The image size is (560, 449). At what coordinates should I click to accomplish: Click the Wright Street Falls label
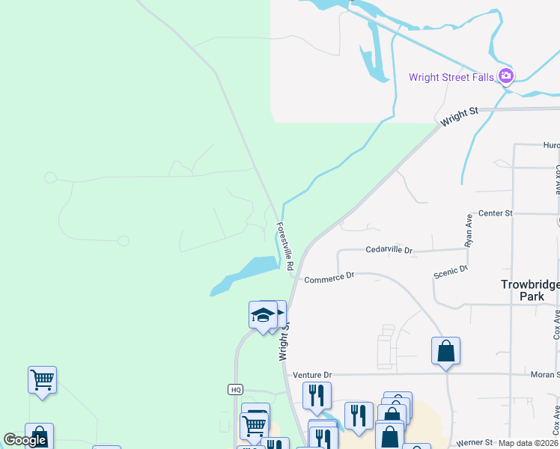pos(451,77)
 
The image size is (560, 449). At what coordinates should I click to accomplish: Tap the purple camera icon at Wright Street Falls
pos(506,76)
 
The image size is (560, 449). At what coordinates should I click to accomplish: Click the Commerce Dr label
pos(329,278)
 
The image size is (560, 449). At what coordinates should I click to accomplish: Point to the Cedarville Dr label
pos(389,250)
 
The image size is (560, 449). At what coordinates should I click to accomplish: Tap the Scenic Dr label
pos(451,272)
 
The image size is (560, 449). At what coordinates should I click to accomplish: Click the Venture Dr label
pos(311,375)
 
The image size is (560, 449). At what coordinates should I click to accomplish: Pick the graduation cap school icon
pos(262,314)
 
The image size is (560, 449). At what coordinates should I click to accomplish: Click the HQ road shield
pos(235,389)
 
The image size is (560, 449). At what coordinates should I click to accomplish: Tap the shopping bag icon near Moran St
pos(445,350)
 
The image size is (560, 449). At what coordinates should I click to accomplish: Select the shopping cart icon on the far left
pos(42,380)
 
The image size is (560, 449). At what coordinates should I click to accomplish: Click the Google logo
pos(25,440)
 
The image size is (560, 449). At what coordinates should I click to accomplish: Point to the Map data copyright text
pos(529,443)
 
